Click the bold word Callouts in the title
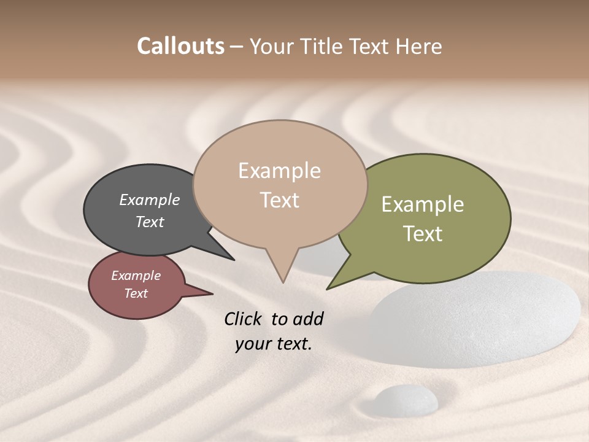click(180, 47)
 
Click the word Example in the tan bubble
click(279, 171)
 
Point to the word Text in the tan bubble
click(280, 200)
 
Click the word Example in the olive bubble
click(423, 204)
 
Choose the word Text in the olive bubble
click(423, 234)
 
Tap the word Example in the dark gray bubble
click(149, 200)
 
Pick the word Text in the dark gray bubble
click(150, 222)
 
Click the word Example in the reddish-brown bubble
click(136, 276)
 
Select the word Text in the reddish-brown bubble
click(136, 293)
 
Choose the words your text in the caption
click(273, 344)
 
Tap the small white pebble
click(406, 399)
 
